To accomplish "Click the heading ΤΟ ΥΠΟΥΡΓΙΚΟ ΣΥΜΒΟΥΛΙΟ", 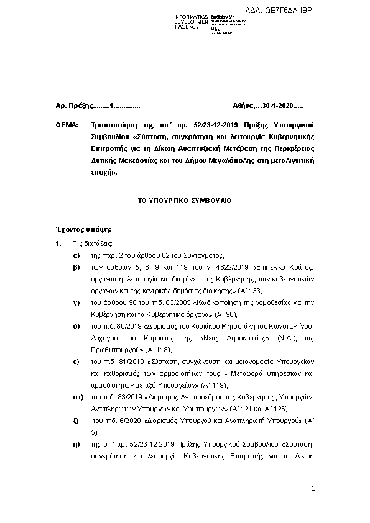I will (185, 202).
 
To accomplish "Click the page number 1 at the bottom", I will (313, 490).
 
